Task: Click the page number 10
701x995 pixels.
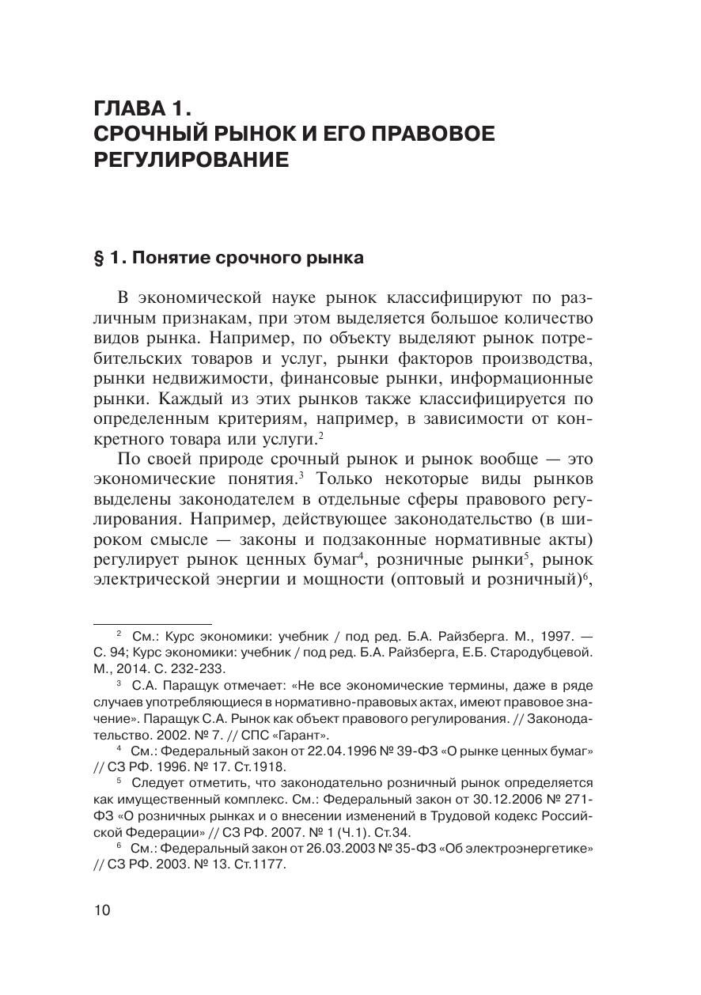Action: (x=103, y=910)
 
